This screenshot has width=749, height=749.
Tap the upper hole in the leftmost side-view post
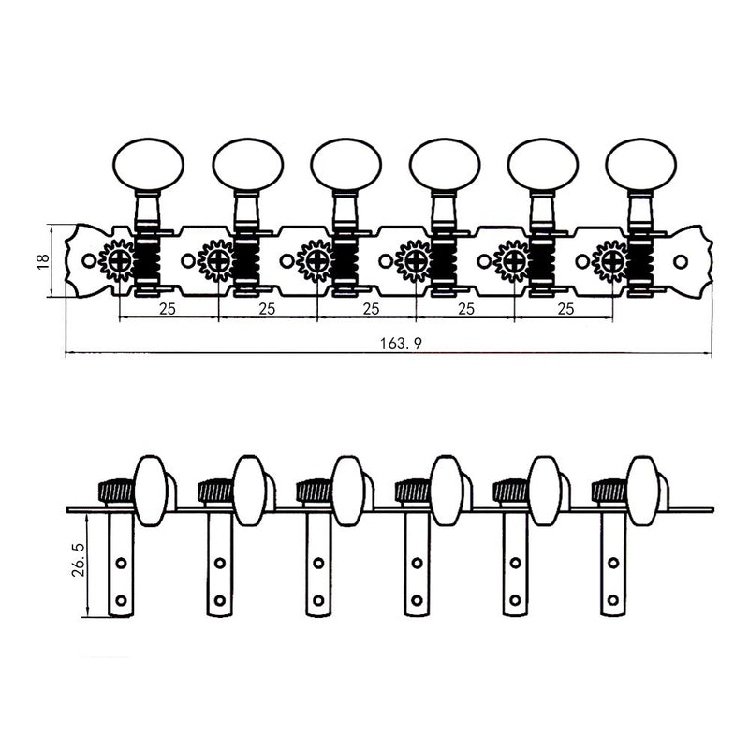(x=121, y=563)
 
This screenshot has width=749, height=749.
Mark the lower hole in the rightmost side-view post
(x=613, y=597)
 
